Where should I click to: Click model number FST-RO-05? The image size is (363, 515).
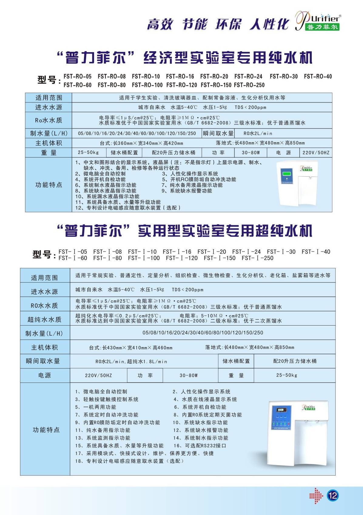[77, 76]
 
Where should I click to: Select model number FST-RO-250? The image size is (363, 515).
[249, 85]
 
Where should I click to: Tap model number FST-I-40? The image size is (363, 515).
[316, 252]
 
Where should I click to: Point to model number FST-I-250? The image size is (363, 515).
[257, 258]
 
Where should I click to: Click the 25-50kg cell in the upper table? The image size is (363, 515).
[88, 152]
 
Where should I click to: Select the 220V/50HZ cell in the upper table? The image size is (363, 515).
[316, 153]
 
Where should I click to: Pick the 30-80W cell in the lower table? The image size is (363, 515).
[188, 375]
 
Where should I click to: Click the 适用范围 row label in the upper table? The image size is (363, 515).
[49, 98]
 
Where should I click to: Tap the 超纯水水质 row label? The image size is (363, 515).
[45, 319]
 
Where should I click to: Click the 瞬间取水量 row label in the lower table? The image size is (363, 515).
[43, 361]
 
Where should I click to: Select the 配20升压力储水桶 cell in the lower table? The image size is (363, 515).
[294, 361]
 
